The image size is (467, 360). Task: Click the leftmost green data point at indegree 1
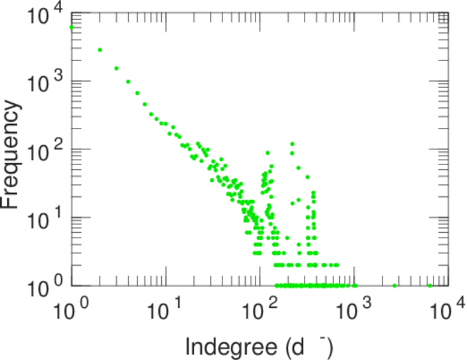point(72,27)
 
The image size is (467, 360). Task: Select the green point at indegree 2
point(100,50)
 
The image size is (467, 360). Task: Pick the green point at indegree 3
point(116,68)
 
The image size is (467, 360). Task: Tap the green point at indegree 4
point(128,82)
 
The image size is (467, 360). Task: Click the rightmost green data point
point(430,286)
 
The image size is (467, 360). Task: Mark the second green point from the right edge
point(394,286)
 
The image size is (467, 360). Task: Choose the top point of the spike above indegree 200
point(292,144)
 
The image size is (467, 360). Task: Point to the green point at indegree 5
point(137,93)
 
